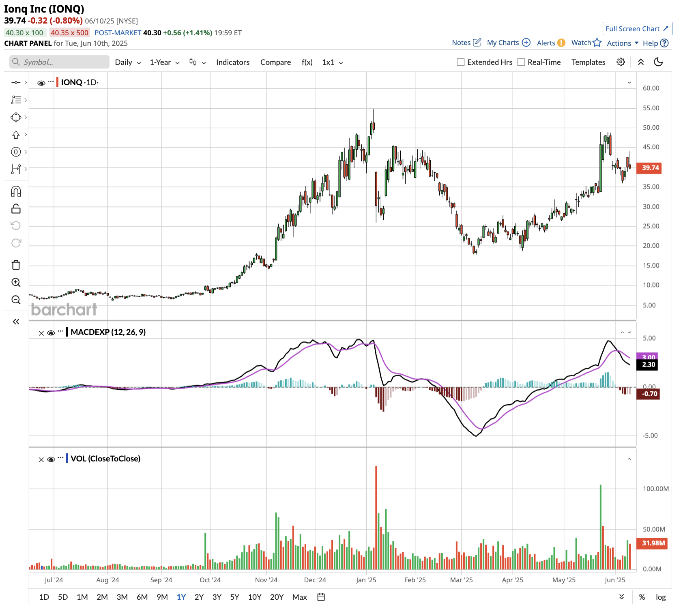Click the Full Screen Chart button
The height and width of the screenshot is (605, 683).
(637, 29)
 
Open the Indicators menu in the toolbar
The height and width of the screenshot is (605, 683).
(232, 62)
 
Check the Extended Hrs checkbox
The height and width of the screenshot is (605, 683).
(461, 62)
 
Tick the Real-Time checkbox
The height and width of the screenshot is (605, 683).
(521, 62)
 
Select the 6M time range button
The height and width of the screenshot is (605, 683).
(142, 597)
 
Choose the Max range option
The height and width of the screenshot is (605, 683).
(299, 597)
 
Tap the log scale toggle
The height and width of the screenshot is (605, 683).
(661, 597)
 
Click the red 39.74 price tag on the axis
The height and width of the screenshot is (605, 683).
(650, 168)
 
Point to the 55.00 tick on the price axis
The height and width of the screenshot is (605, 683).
(651, 108)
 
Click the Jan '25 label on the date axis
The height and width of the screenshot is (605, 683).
(366, 580)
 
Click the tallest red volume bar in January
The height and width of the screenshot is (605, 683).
(376, 519)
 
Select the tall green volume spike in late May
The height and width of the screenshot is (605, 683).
(600, 527)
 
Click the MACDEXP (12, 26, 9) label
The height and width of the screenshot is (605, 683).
(108, 332)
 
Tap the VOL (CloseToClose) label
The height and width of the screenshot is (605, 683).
(105, 459)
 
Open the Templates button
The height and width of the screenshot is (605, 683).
(588, 62)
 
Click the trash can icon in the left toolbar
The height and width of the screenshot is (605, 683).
(16, 265)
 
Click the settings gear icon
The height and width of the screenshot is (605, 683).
(621, 62)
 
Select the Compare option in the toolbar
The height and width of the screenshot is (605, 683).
(275, 62)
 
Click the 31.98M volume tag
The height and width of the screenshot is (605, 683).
(653, 543)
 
